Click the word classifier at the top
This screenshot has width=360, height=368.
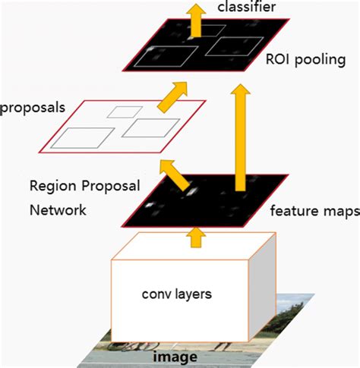click(245, 8)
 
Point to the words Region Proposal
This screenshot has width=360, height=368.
click(77, 185)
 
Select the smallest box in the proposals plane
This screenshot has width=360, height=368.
click(119, 112)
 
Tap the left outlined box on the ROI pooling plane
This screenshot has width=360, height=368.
click(168, 56)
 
